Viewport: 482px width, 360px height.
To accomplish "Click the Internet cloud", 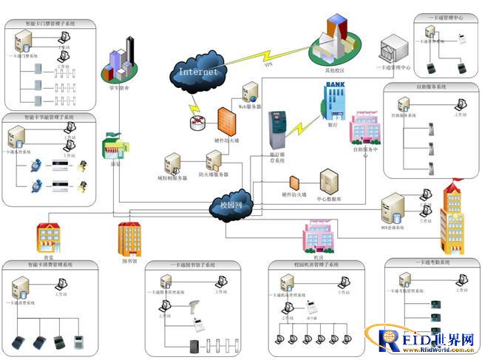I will point(198,71).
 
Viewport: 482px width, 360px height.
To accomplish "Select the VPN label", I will point(269,66).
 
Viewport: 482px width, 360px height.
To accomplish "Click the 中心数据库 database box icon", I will point(328,181).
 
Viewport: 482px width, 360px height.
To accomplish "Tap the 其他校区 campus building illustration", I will point(336,41).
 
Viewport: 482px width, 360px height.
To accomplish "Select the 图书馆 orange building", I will point(130,238).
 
